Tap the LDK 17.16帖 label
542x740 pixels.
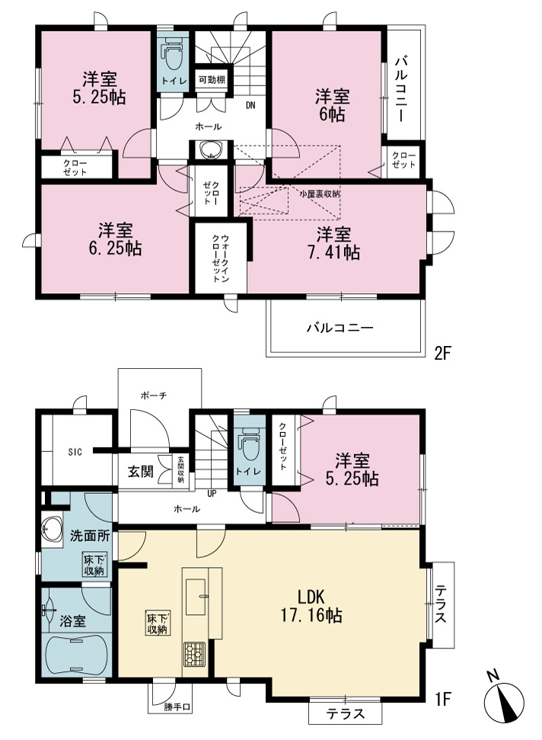tap(311, 606)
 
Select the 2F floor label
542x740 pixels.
tap(442, 353)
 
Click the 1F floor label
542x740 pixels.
tap(442, 699)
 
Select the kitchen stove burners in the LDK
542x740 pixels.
tap(194, 654)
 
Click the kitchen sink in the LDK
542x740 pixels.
tap(196, 596)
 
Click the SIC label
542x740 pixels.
tap(75, 452)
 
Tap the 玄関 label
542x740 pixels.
tap(141, 470)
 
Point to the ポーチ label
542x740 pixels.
tap(154, 396)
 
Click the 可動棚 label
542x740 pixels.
tap(212, 80)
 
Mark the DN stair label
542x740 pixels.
tap(250, 105)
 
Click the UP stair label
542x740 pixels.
tap(212, 494)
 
